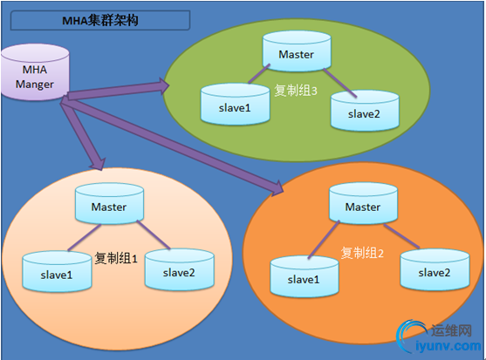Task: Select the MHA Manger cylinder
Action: coord(34,78)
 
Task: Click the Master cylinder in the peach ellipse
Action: coord(107,207)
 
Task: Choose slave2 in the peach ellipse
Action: coord(179,270)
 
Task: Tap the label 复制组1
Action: coord(116,258)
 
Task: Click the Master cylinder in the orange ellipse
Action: coord(362,207)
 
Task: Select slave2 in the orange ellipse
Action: coord(435,272)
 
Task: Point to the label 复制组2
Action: coord(364,253)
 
